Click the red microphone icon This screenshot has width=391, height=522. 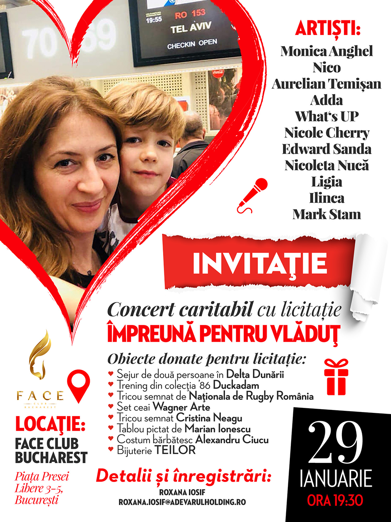(252, 195)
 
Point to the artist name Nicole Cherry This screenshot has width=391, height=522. (327, 133)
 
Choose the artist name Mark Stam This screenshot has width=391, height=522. (327, 215)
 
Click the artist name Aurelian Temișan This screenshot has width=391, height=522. (327, 84)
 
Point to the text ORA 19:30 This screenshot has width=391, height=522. (335, 500)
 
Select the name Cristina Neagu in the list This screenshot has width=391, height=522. (209, 418)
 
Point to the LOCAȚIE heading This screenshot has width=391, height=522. (50, 426)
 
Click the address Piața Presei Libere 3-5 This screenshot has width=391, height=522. (42, 482)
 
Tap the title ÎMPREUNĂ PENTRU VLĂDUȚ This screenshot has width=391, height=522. (223, 335)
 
